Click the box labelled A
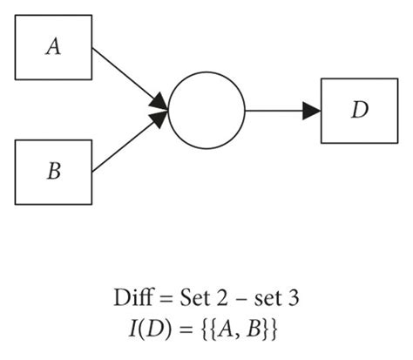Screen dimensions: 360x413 pos(54,48)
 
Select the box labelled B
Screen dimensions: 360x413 pos(54,171)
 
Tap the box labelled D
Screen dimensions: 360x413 pos(357,111)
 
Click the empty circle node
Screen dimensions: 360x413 pos(206,111)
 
